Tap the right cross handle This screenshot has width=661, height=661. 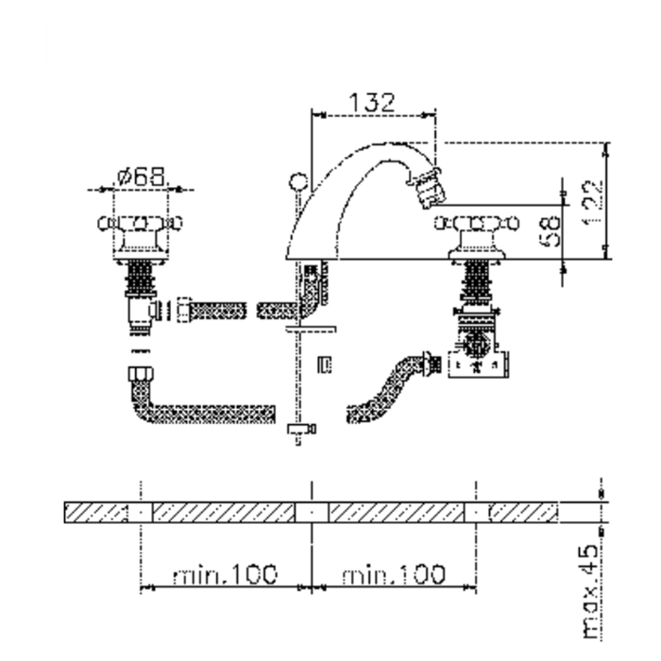click(475, 225)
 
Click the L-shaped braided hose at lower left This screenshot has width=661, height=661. click(189, 406)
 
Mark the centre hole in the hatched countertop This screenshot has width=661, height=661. click(311, 513)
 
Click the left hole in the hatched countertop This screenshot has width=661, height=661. click(140, 513)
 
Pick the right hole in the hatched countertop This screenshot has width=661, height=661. click(476, 513)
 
